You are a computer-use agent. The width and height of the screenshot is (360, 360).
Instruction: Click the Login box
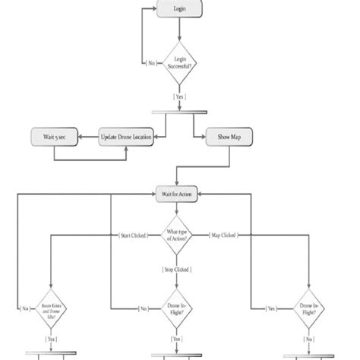point(179,10)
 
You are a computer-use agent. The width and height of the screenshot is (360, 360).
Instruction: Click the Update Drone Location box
point(127,137)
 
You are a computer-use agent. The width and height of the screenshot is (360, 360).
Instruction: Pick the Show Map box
point(229,137)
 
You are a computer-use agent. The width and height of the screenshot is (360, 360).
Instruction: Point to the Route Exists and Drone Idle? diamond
point(51,308)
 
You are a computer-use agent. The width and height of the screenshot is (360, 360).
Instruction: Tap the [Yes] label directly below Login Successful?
point(180,97)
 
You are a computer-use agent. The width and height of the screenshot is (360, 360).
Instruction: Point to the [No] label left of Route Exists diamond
point(24,309)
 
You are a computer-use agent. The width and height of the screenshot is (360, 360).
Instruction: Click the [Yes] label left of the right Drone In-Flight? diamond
point(271,309)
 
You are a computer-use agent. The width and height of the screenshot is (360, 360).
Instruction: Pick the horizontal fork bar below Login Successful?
point(180,114)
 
